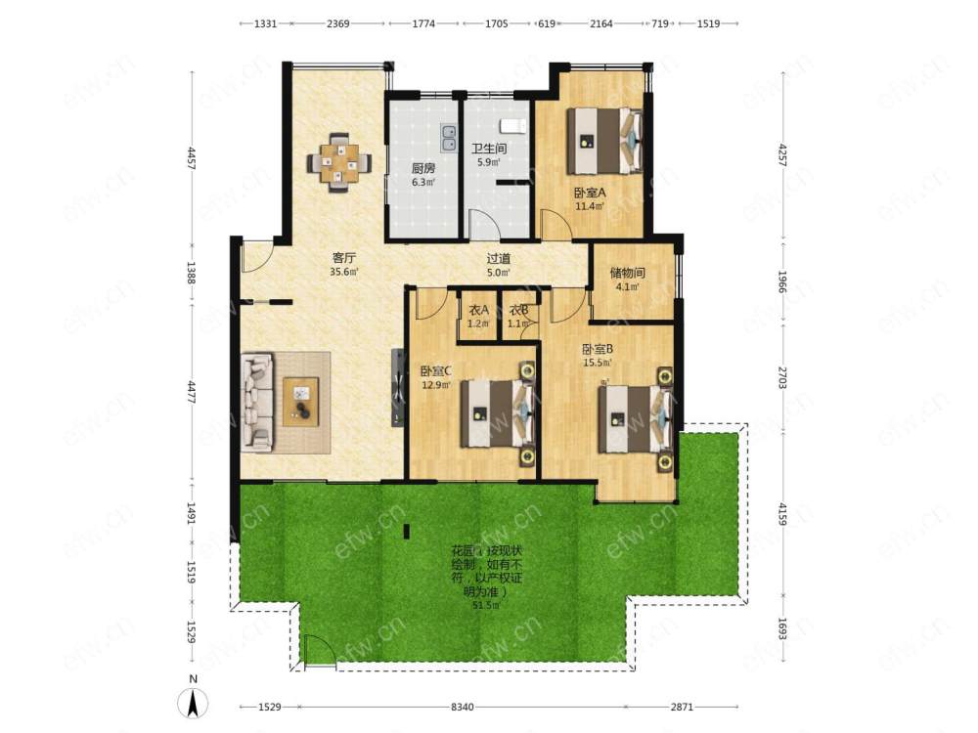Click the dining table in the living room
point(339,163)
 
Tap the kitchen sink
point(448,139)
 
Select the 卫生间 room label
point(488,149)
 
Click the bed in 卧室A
point(605,141)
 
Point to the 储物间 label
point(628,273)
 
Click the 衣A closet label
point(478,310)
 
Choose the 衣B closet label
point(519,310)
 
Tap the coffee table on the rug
point(301,402)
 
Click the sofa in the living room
point(257,402)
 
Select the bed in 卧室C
point(498,413)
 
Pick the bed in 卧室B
point(636,419)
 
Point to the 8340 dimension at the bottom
point(463,707)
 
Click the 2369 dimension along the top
point(338,23)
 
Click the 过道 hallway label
point(499,259)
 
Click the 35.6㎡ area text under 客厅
point(343,272)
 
